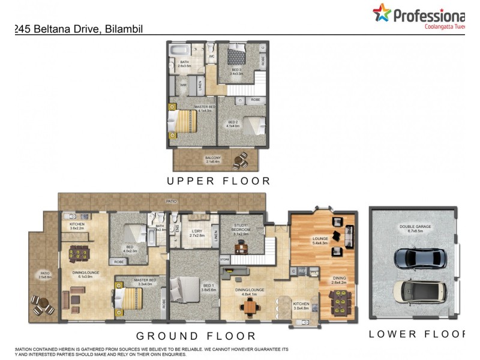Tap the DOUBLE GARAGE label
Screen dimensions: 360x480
415,228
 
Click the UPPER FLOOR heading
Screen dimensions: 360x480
218,181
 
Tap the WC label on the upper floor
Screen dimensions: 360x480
211,57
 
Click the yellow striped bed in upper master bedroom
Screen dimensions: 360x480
182,124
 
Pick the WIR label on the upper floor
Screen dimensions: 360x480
184,85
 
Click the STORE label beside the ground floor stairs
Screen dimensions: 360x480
225,259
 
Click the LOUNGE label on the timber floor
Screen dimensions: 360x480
320,239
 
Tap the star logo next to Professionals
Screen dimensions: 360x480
381,13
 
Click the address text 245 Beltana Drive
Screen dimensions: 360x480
79,28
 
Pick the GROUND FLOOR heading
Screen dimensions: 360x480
196,336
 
